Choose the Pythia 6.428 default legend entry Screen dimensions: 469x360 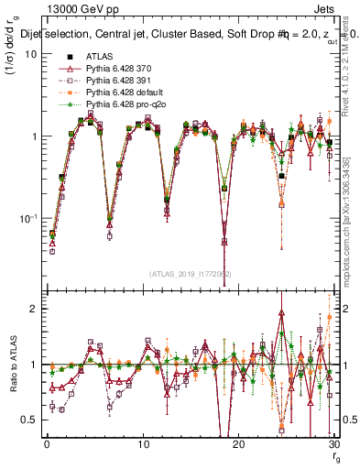[120, 93]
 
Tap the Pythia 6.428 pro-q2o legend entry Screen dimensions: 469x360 [121, 104]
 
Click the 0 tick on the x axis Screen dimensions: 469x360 [46, 444]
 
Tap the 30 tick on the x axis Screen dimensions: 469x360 [333, 444]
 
